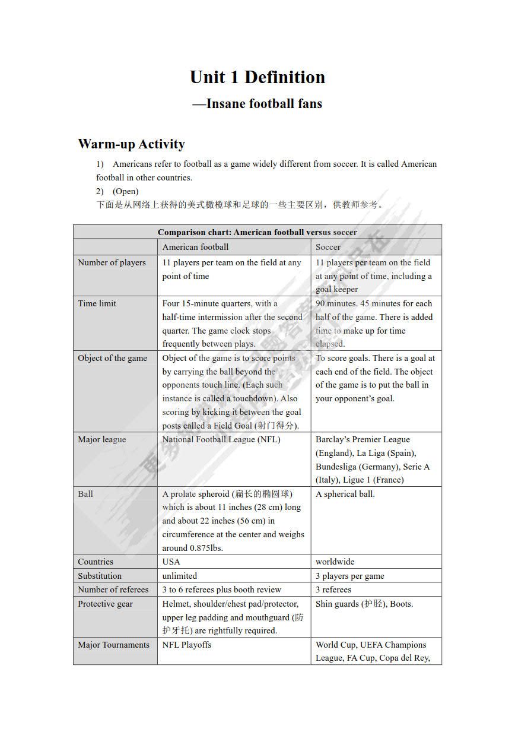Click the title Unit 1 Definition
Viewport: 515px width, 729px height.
pos(257,77)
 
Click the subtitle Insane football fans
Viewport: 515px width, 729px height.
pos(257,104)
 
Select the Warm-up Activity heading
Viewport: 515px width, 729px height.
pos(131,144)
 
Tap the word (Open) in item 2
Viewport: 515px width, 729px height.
pos(125,191)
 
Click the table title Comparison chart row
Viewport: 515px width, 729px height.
pos(257,232)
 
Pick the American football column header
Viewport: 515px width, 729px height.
pos(195,247)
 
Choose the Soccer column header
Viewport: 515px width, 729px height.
pos(328,247)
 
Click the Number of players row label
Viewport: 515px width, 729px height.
pos(112,262)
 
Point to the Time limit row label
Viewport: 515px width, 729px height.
pos(97,303)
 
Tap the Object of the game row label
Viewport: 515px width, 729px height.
pos(112,358)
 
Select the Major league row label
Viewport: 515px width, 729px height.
pos(101,439)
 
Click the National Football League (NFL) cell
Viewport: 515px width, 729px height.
pos(221,439)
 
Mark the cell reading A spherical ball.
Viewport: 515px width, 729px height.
pos(345,494)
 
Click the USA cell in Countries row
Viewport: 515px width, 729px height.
pos(171,562)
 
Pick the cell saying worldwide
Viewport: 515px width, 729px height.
pos(335,562)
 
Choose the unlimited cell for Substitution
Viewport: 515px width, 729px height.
pos(179,576)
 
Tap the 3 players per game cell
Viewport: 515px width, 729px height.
pos(349,576)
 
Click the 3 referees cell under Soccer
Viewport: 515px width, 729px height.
pos(333,589)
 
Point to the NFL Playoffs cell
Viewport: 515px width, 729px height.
pos(186,645)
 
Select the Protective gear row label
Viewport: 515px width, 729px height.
pos(105,604)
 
